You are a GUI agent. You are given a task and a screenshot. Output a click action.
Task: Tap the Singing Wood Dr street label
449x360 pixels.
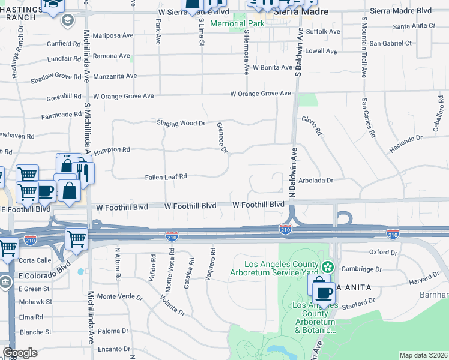click(181, 123)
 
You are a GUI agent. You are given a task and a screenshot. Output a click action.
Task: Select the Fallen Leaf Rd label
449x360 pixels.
click(166, 177)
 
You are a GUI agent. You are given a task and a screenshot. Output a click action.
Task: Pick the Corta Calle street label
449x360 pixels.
click(35, 260)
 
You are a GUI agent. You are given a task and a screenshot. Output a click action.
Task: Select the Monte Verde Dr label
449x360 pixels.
click(120, 296)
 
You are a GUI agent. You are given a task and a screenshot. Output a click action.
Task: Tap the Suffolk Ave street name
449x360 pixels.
click(323, 31)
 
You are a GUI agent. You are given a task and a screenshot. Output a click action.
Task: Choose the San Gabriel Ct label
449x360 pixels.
click(390, 43)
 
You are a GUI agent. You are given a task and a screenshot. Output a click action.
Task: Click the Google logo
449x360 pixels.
click(20, 353)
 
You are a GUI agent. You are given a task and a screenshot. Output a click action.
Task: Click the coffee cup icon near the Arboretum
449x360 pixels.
click(324, 293)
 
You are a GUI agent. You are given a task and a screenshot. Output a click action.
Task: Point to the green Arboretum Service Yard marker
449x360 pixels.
click(328, 266)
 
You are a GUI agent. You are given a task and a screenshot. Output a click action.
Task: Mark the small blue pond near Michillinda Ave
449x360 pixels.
click(80, 271)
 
